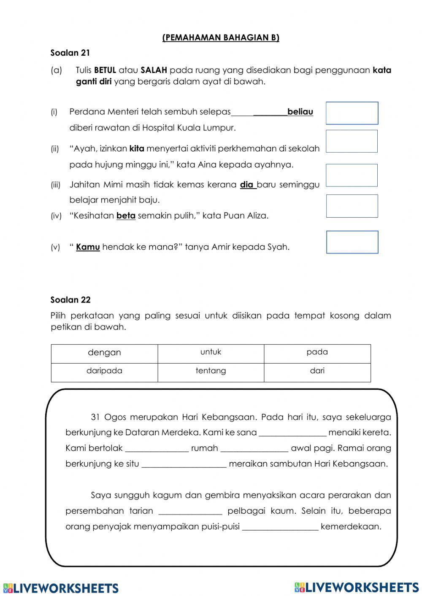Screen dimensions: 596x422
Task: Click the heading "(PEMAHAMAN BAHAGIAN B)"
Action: point(221,38)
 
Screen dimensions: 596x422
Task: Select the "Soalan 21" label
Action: point(70,53)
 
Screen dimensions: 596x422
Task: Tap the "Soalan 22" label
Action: point(70,300)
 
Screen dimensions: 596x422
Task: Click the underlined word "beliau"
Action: point(300,112)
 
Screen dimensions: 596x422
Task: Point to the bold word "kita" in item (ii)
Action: point(137,148)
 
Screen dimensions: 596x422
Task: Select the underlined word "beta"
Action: point(126,216)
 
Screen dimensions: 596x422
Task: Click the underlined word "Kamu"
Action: point(88,247)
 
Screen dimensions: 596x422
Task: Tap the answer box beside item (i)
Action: point(352,113)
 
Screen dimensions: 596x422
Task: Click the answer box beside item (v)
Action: point(352,242)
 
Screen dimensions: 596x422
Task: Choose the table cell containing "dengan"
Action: point(104,353)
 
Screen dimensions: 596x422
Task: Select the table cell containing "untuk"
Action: point(211,353)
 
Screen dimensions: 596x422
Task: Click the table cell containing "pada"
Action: point(317,353)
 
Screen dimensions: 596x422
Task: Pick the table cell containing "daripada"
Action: point(104,372)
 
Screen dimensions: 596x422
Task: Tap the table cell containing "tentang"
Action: point(211,372)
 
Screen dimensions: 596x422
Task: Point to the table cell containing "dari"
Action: point(317,372)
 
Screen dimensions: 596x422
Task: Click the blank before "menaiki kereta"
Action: point(292,433)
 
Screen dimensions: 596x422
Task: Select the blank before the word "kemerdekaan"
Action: point(280,526)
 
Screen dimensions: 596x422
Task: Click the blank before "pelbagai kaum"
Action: point(190,511)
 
